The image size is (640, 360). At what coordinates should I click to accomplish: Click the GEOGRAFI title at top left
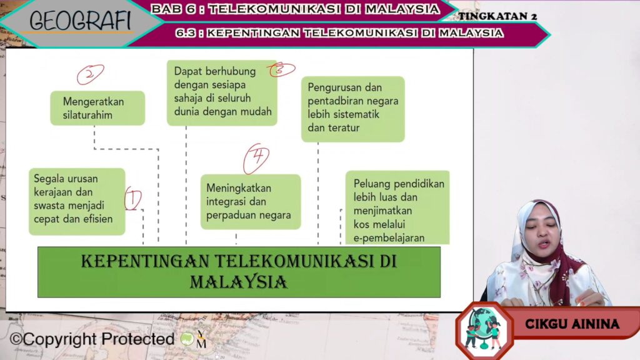click(81, 21)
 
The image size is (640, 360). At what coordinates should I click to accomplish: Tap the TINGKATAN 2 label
click(497, 16)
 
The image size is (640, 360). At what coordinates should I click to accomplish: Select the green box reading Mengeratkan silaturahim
click(97, 108)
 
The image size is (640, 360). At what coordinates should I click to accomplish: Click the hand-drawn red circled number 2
click(90, 74)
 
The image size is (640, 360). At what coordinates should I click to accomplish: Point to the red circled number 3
click(282, 70)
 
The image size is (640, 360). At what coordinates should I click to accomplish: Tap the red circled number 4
click(256, 158)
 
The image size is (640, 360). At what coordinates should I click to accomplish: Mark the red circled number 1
click(133, 199)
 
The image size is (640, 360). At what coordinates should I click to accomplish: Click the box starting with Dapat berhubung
click(222, 92)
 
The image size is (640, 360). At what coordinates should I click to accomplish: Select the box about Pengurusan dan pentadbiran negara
click(353, 109)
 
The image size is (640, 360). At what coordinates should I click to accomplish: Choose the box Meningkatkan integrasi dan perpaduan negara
click(251, 202)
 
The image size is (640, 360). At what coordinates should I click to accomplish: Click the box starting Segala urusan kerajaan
click(77, 202)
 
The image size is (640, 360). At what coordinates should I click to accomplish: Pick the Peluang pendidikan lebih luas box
click(397, 207)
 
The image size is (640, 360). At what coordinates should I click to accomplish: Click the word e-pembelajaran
click(389, 237)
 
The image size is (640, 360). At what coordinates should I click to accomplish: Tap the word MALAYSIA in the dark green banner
click(238, 282)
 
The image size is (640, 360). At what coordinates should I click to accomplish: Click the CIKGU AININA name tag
click(572, 324)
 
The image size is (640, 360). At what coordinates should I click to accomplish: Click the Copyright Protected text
click(92, 339)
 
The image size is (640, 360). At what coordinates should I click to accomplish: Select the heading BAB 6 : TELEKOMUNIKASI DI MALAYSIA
click(295, 9)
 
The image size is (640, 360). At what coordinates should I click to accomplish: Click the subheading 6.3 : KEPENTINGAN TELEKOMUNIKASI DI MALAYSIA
click(339, 32)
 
